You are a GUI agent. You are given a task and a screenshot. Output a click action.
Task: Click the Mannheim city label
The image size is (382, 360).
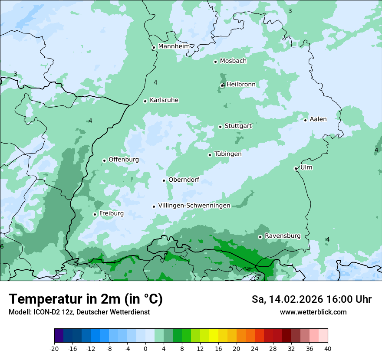[174, 46]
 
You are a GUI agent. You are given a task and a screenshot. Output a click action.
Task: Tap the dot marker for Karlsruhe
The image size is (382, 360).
[145, 101]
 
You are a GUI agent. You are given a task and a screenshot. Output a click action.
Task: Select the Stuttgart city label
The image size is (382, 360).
[238, 126]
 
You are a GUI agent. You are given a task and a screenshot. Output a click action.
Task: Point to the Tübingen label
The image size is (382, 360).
[228, 154]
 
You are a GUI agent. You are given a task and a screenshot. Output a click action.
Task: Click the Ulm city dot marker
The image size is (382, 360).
[296, 168]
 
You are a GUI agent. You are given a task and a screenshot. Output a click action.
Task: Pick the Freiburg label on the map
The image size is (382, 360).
[111, 213]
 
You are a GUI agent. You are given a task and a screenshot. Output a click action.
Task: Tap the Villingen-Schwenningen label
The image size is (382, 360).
[194, 206]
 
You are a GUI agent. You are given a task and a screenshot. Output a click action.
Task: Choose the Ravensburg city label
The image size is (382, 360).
[282, 236]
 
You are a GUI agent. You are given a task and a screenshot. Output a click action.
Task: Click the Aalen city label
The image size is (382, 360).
[318, 119]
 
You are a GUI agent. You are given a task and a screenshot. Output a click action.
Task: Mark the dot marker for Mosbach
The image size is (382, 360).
[215, 62]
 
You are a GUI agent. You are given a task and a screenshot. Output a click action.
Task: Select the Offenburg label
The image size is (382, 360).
[123, 160]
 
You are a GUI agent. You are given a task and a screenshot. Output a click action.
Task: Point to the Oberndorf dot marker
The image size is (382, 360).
[164, 180]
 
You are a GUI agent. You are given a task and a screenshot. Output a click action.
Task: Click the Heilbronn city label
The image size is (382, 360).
[241, 84]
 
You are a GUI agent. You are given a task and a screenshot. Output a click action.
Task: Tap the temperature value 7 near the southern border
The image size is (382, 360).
[114, 262]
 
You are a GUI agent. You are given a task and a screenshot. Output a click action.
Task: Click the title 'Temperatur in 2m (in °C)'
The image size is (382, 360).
[86, 299]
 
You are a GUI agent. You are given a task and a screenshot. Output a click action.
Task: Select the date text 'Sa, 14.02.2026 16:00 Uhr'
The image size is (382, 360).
[311, 299]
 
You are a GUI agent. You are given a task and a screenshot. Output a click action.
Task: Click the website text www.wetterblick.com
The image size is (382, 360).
[313, 312]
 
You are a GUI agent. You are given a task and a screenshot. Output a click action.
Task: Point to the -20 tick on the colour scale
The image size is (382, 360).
[54, 349]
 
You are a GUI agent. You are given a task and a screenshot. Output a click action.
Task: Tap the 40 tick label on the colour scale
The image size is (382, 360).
[328, 349]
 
